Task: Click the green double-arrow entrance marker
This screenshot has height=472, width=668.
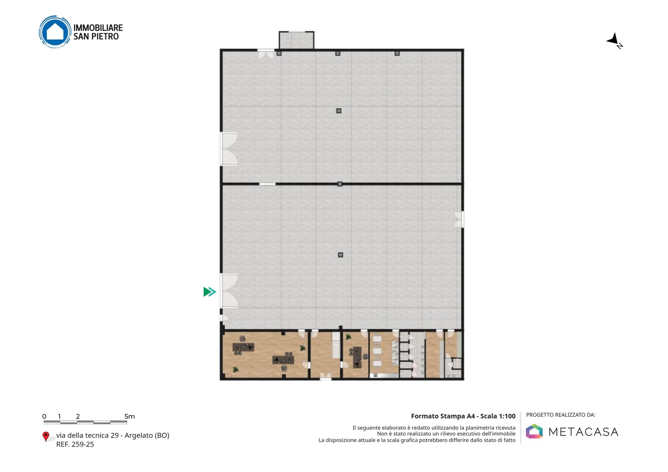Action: [210, 292]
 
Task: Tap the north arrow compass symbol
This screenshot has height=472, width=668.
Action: [614, 41]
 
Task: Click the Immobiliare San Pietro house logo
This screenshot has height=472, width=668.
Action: [55, 32]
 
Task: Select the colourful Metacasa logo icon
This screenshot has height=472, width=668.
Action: [534, 431]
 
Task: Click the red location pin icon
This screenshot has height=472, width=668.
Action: [45, 437]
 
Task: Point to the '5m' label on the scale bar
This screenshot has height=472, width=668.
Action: [130, 416]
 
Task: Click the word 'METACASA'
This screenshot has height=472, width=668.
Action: [583, 432]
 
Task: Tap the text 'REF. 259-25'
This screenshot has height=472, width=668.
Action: [75, 444]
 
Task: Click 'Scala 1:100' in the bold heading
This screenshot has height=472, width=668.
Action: [498, 416]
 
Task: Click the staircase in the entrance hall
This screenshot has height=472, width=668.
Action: [336, 345]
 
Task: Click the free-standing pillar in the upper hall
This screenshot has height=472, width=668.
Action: [339, 111]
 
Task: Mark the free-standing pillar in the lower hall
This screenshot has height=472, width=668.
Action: [340, 255]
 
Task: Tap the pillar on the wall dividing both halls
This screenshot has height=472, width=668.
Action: [340, 184]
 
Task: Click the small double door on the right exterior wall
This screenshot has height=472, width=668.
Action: [459, 219]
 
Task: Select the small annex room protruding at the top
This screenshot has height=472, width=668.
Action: [296, 40]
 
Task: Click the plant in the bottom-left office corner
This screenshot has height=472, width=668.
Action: [236, 370]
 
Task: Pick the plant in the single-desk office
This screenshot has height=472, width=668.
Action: [348, 337]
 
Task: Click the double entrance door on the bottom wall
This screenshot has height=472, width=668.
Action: [326, 376]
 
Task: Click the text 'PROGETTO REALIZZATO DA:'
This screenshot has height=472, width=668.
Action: [561, 415]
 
